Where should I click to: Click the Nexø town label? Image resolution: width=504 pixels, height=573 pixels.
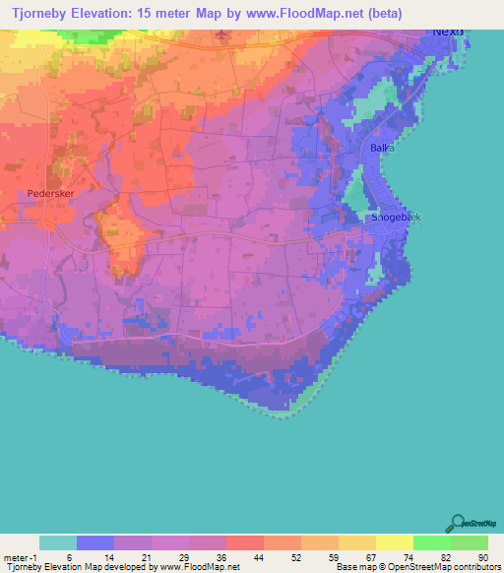click(448, 31)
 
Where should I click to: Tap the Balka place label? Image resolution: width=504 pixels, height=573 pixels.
click(382, 148)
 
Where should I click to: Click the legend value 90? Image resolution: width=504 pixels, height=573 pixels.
click(483, 558)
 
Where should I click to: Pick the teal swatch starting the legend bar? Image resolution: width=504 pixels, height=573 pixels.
click(58, 542)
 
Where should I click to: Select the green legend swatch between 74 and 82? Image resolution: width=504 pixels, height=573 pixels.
click(431, 542)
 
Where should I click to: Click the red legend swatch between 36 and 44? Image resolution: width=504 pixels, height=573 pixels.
click(244, 542)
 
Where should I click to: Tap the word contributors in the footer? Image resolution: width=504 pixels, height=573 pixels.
click(475, 568)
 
